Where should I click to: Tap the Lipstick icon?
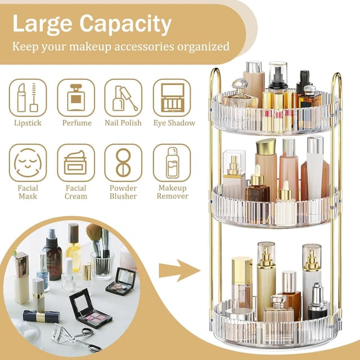pyautogui.click(x=28, y=98)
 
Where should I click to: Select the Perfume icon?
pyautogui.click(x=76, y=98)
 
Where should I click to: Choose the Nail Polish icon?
pyautogui.click(x=123, y=98)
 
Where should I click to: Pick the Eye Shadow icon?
pyautogui.click(x=172, y=98)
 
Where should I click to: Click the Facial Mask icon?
pyautogui.click(x=28, y=163)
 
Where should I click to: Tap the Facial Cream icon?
pyautogui.click(x=76, y=163)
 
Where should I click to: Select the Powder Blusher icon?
pyautogui.click(x=123, y=163)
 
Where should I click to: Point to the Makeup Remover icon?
pyautogui.click(x=172, y=163)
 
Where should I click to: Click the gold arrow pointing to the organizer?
pyautogui.click(x=178, y=271)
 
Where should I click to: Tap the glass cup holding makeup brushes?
pyautogui.click(x=102, y=264)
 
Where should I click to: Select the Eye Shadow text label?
pyautogui.click(x=174, y=123)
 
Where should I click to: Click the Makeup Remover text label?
pyautogui.click(x=172, y=192)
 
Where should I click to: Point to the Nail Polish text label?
pyautogui.click(x=123, y=123)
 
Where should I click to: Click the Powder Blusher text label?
pyautogui.click(x=123, y=192)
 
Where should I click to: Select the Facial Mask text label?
pyautogui.click(x=28, y=192)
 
